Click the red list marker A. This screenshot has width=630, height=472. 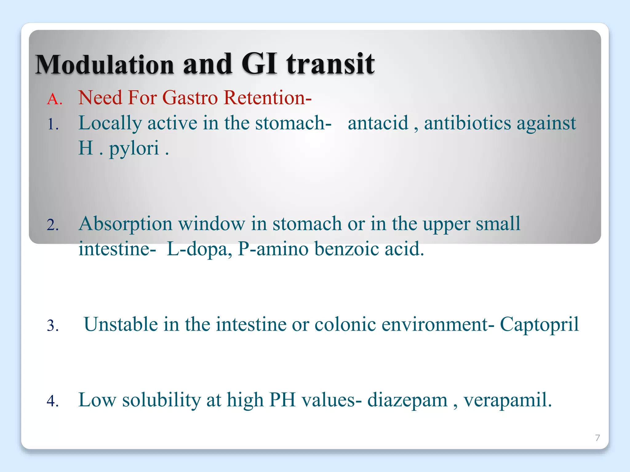point(54,99)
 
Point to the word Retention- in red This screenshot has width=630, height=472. point(267,98)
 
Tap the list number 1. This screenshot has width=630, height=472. point(53,125)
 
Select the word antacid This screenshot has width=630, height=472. point(378,123)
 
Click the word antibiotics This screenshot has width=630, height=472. point(467,123)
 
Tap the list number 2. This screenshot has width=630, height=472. point(53,225)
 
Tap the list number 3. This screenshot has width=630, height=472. point(53,326)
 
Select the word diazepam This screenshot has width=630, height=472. point(407,400)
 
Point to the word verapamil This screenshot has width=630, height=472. point(508,400)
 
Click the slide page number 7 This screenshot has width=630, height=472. point(597,438)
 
